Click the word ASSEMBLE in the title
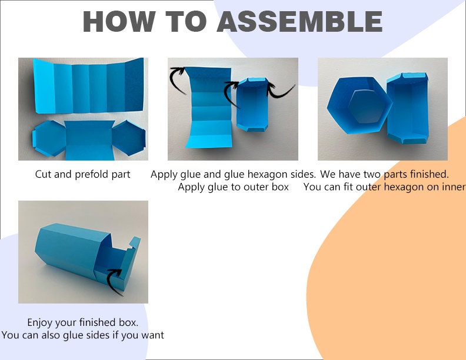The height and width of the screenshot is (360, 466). [x=299, y=21]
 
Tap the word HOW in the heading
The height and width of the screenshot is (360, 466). [x=119, y=21]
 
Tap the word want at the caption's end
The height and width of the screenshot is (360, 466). [x=153, y=335]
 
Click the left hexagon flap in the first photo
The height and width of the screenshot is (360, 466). [x=49, y=138]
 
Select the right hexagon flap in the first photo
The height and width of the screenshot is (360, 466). [x=129, y=138]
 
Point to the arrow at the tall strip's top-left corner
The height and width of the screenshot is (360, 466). [x=177, y=79]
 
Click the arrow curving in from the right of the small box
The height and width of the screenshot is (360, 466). [x=280, y=91]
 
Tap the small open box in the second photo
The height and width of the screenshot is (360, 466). [x=252, y=105]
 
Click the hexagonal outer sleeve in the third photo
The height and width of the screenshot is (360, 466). [x=360, y=105]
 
